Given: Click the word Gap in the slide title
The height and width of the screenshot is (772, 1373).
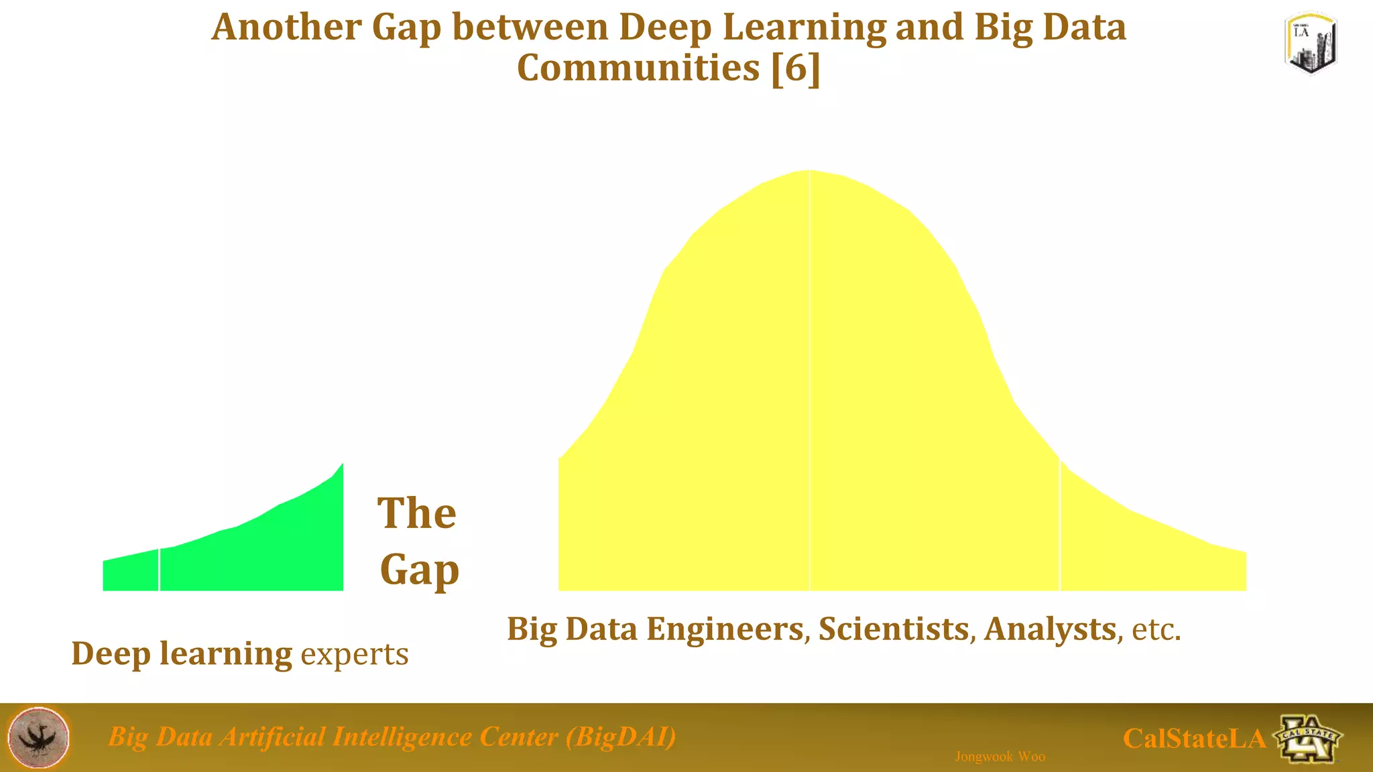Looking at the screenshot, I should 406,28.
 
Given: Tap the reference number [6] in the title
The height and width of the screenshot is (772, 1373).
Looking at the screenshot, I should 796,68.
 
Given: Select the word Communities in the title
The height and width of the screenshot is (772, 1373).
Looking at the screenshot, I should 638,68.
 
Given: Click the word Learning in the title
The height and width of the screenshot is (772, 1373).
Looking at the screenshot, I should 804,28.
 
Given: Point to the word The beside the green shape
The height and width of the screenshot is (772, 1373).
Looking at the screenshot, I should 416,513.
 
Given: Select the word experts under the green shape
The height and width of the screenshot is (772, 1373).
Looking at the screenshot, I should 354,654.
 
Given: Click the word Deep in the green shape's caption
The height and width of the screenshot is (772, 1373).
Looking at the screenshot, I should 111,654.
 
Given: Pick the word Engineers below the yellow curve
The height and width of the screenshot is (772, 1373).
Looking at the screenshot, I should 725,629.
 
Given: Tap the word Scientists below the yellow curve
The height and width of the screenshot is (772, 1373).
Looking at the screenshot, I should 894,629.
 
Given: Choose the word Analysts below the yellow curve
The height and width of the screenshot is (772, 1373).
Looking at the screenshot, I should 1050,629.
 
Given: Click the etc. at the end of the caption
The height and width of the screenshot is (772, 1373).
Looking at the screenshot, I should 1156,630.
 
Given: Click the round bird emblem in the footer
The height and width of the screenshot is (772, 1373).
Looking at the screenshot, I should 38,737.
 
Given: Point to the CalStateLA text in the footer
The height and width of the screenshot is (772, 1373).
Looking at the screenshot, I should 1194,738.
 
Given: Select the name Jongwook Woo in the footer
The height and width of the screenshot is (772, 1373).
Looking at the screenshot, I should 1000,757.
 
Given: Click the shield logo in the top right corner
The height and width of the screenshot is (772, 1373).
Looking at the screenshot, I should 1311,43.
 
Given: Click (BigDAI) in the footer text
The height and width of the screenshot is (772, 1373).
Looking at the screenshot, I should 621,736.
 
